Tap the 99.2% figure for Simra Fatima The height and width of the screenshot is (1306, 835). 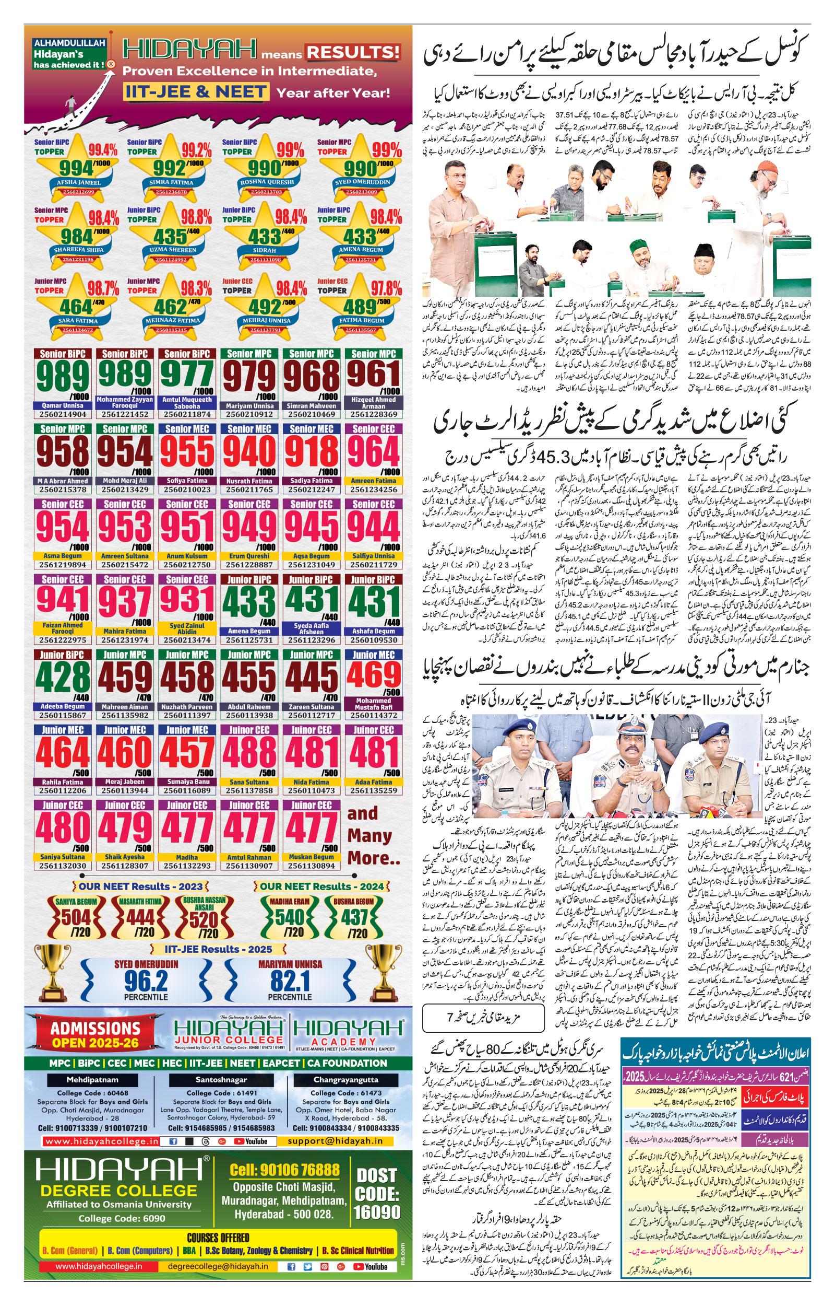pyautogui.click(x=196, y=150)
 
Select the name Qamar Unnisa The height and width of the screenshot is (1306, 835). pyautogui.click(x=63, y=405)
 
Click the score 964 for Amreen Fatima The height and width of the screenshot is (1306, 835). pyautogui.click(x=374, y=451)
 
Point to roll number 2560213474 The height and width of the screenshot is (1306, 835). pyautogui.click(x=187, y=640)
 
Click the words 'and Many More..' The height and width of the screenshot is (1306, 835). pyautogui.click(x=373, y=836)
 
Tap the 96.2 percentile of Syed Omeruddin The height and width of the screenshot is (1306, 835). pyautogui.click(x=146, y=981)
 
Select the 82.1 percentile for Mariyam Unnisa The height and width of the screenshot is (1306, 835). pyautogui.click(x=290, y=981)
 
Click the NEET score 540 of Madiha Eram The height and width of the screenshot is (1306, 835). pyautogui.click(x=290, y=917)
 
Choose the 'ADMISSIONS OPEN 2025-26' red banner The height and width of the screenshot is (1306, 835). pyautogui.click(x=96, y=1034)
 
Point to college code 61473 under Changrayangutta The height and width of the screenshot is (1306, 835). pyautogui.click(x=346, y=1093)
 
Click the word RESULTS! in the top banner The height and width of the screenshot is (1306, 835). pyautogui.click(x=353, y=53)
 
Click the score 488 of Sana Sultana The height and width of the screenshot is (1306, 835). pyautogui.click(x=249, y=752)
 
